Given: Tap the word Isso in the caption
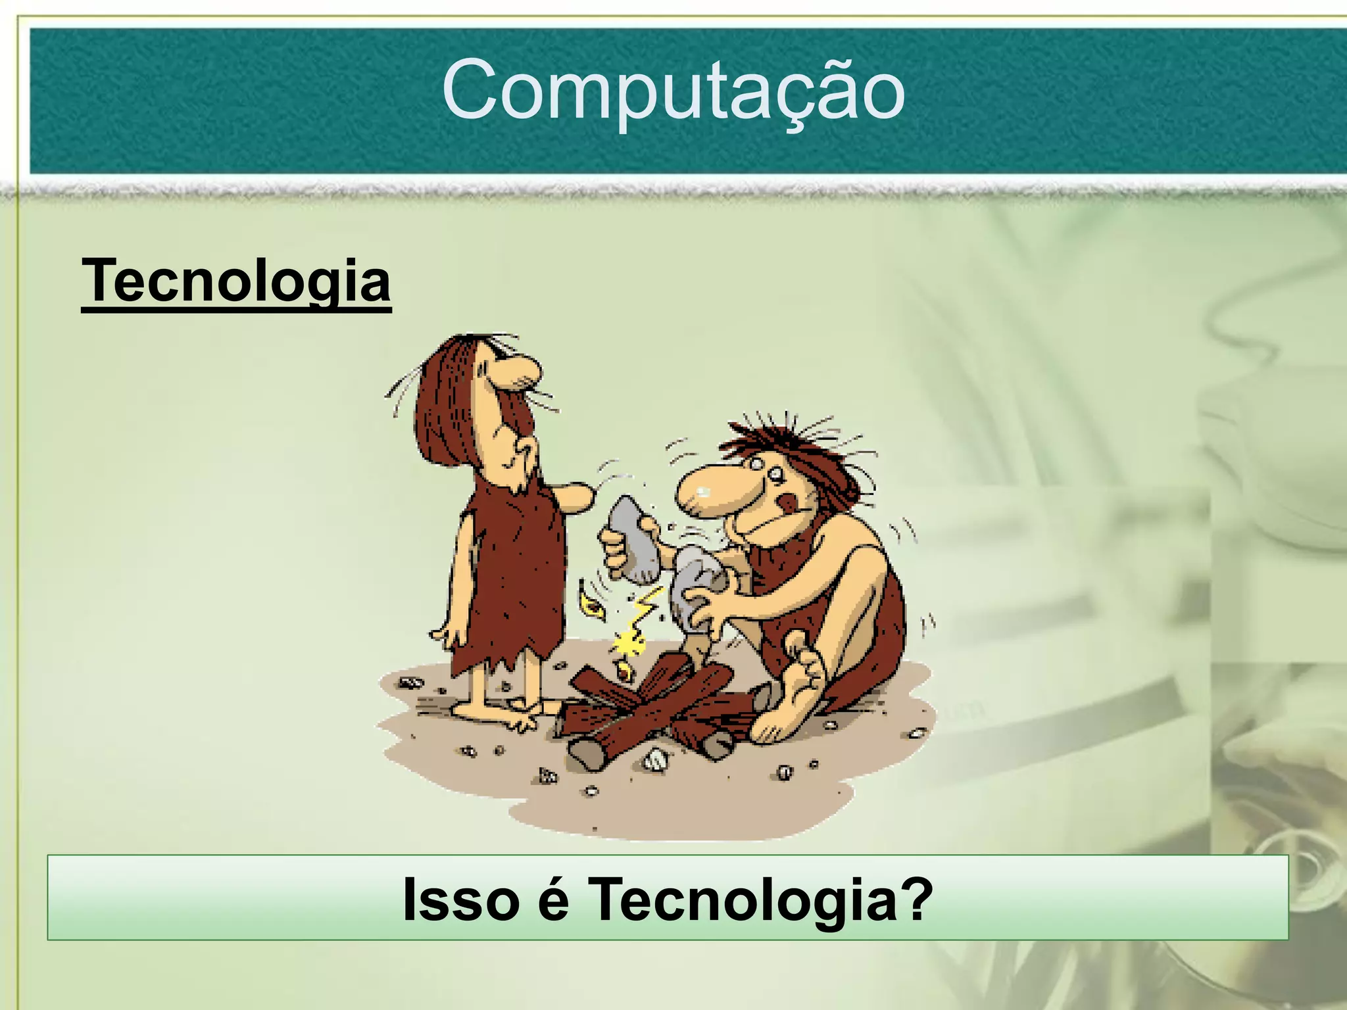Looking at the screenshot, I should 460,900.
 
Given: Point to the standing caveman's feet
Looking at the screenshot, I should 500,713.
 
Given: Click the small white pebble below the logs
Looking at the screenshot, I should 655,761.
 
